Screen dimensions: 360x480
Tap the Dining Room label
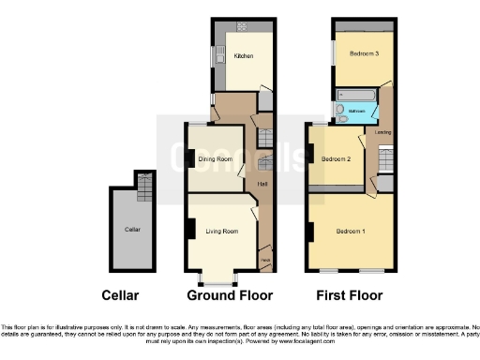pyautogui.click(x=215, y=159)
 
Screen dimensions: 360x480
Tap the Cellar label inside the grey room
pyautogui.click(x=132, y=229)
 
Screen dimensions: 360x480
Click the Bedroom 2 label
pyautogui.click(x=336, y=159)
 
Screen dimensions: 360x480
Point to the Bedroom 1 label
pyautogui.click(x=351, y=231)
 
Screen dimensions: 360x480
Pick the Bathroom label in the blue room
pyautogui.click(x=356, y=112)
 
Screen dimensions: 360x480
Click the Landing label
pyautogui.click(x=382, y=132)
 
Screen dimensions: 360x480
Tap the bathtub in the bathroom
pyautogui.click(x=356, y=95)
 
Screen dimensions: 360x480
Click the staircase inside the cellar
pyautogui.click(x=143, y=188)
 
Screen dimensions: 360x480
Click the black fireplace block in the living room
pyautogui.click(x=190, y=229)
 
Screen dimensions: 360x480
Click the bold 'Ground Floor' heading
pyautogui.click(x=230, y=295)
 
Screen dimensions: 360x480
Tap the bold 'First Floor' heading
pyautogui.click(x=350, y=295)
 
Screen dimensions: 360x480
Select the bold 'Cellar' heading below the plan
pyautogui.click(x=120, y=295)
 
